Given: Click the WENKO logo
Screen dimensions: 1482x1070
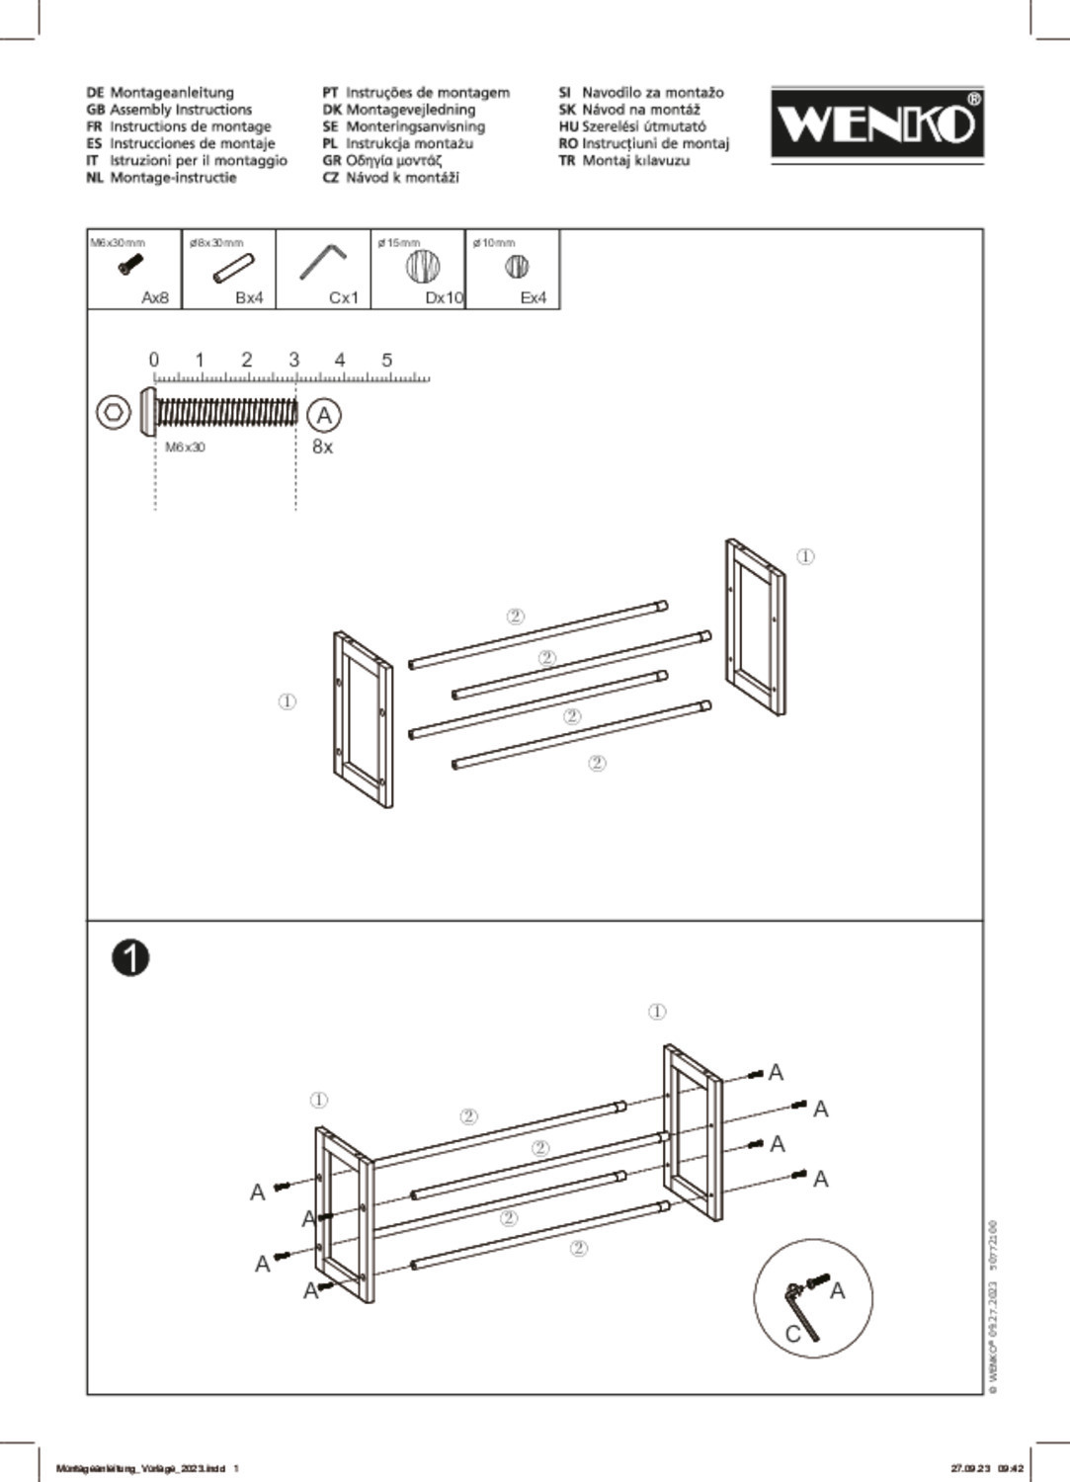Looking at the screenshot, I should point(876,123).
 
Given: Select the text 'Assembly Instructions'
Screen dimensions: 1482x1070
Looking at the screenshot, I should point(181,110).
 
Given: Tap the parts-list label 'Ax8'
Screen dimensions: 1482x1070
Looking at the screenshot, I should point(155,297).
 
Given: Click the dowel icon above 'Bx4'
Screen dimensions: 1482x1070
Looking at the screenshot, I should point(234,267).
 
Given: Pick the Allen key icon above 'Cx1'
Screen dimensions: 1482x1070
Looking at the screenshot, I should point(323,263).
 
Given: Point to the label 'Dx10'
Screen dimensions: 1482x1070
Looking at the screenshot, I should point(444,297).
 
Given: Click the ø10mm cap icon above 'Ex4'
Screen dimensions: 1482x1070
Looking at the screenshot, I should point(517,266).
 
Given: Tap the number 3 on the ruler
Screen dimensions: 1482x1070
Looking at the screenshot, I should point(293,360).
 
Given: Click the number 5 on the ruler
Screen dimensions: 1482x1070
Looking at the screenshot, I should point(387,360).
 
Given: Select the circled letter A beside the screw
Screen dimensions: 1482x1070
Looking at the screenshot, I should point(323,415).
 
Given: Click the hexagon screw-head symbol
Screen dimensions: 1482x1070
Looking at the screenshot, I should point(114,412).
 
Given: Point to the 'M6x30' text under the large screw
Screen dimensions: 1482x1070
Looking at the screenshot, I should point(185,448).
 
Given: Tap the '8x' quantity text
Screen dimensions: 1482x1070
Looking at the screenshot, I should point(323,447).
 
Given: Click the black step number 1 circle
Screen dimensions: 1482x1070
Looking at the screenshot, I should point(130,957).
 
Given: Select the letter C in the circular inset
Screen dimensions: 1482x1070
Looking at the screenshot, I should point(792,1334).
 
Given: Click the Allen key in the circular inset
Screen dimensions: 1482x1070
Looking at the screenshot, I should point(801,1310).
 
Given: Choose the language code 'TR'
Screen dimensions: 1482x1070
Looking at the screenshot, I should point(566,160).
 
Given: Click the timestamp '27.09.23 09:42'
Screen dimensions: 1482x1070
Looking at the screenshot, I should point(987,1468).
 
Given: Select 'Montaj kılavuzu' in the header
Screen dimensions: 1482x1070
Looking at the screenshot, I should point(635,160).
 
